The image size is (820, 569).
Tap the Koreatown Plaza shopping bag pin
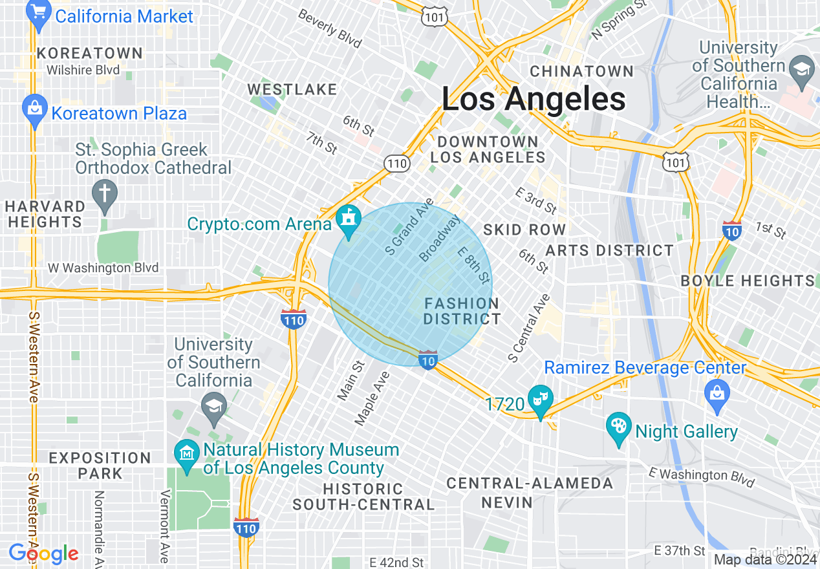[32, 109]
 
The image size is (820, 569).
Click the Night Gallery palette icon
[619, 428]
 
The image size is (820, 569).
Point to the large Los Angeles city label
[534, 99]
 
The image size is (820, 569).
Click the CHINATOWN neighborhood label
[581, 71]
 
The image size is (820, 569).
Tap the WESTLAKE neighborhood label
[292, 89]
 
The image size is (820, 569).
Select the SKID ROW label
[524, 230]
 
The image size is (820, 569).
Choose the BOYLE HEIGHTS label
[748, 281]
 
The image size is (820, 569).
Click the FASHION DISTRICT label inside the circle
[462, 311]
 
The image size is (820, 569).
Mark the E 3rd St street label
[536, 200]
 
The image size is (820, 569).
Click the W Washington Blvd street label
[103, 267]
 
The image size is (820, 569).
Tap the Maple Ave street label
[372, 398]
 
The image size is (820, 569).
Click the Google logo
[43, 553]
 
